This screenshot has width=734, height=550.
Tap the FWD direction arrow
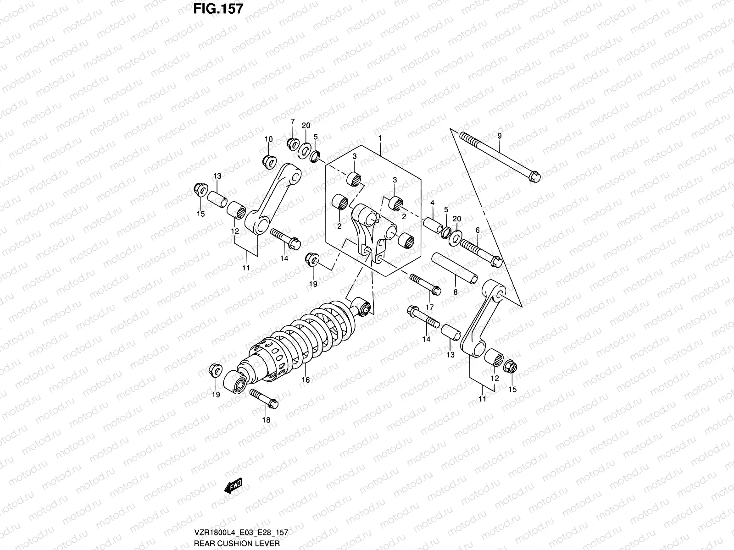pos(233,487)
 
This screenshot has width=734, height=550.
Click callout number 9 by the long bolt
pos(500,136)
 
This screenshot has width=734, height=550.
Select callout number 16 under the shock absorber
pos(306,379)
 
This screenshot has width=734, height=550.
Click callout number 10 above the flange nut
pos(268,139)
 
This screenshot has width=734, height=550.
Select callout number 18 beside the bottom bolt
pos(266,420)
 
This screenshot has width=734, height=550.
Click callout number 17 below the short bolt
pos(430,306)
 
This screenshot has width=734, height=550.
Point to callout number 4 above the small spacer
pos(432,203)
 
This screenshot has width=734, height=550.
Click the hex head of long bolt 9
pos(534,176)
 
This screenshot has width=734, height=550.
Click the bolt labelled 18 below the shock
pos(263,398)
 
